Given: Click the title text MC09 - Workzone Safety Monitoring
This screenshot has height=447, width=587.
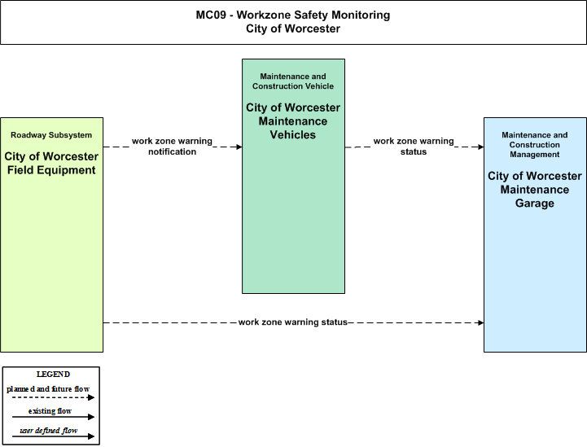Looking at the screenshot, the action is pos(293,15).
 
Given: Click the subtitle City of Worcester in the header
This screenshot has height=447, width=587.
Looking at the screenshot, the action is pos(293,28).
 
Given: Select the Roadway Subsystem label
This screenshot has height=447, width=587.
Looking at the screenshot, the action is pos(51,135).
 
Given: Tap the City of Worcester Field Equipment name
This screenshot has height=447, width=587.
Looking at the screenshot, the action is pos(51,163).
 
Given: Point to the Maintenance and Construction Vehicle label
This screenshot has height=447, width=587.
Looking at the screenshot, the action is pos(293,81).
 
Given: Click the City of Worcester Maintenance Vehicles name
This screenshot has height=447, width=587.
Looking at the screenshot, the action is pos(293,121).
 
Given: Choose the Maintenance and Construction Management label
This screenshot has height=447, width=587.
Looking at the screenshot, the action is pos(535,144).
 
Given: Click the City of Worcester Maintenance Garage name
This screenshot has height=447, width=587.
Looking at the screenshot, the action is pos(535,190).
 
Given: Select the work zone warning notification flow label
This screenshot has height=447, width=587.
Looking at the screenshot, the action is pos(173,147).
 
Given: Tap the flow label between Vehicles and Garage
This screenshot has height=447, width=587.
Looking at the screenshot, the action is pos(414,147).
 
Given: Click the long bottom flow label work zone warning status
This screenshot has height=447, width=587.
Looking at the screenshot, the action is pos(293,322).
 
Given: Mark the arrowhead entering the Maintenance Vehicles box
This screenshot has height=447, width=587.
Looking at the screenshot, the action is pos(239,147).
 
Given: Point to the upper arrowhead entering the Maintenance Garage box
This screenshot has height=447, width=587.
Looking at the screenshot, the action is pos(481,147).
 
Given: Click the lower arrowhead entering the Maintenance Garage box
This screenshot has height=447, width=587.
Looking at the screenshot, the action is pos(481,322).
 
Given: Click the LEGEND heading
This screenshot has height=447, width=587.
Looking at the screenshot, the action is pos(53,375).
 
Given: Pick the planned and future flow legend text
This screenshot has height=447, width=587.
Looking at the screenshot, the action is pos(48,389).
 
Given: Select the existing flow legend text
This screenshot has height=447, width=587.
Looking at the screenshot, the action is pos(50,411).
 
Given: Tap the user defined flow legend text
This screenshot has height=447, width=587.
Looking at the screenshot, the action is pos(48,431).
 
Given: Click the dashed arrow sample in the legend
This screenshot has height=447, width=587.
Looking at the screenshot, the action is pos(53,397).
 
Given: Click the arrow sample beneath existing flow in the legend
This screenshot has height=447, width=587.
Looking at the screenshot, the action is pos(53,417).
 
